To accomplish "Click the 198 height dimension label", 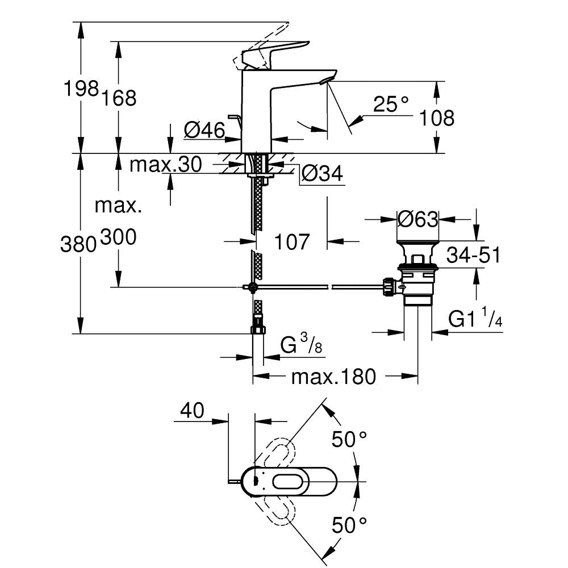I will coord(81,89).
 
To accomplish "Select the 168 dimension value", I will coord(119,98).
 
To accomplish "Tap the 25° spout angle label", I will coord(391,104).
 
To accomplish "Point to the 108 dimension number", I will coord(436,118).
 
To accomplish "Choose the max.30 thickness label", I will coord(165,165).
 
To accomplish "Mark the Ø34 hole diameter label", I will coord(322,174).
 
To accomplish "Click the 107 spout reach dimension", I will coord(293,242).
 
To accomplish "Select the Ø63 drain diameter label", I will coord(417,219).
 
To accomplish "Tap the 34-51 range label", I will coord(473,256).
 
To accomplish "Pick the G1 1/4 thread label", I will coord(475,320).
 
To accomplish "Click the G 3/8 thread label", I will coord(302,345).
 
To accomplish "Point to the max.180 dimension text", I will coord(333,376).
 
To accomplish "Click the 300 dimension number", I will coord(118,238).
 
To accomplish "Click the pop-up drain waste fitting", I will coord(417,273).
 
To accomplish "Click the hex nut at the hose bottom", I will coord(258,328).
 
